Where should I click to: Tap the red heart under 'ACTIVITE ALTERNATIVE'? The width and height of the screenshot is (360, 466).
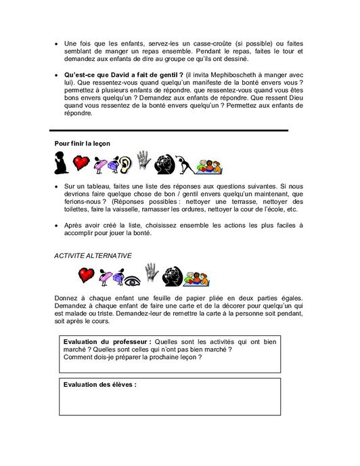click(86, 275)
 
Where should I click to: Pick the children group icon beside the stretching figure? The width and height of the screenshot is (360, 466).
click(209, 165)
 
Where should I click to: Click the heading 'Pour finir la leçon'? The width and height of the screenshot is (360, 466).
click(82, 144)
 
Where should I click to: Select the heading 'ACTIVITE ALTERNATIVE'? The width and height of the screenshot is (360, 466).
click(93, 255)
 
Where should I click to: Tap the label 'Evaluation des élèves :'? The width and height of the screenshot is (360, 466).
click(99, 385)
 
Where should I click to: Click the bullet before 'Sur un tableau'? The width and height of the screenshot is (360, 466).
click(57, 185)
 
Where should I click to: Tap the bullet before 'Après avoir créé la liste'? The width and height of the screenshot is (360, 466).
click(57, 225)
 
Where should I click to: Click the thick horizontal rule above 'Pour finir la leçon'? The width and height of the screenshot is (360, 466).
click(169, 129)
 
